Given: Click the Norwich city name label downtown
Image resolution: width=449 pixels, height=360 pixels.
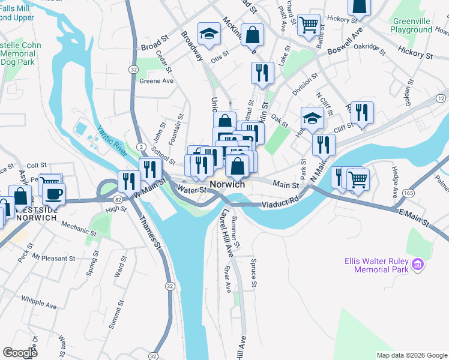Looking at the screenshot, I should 227,185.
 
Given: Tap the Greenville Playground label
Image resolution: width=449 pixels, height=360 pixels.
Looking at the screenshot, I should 411,25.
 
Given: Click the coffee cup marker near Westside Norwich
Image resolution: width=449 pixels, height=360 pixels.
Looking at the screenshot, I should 54,194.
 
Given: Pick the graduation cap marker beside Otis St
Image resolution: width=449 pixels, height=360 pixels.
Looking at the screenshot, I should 209,34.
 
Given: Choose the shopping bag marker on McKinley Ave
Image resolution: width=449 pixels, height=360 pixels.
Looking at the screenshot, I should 253,34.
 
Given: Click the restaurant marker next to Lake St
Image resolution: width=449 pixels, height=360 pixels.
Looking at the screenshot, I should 262,73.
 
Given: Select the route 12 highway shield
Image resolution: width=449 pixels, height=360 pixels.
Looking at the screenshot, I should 442,98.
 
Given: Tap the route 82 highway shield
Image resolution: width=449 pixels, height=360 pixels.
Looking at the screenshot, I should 117,199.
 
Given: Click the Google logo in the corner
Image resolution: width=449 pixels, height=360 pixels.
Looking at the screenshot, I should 20,353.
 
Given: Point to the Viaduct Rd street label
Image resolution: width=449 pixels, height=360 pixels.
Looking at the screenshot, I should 279,204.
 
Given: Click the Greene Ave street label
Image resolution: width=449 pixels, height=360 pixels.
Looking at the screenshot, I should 156,81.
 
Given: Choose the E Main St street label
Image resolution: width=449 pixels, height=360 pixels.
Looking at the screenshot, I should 415,217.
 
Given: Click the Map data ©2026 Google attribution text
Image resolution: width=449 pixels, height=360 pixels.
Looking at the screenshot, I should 411,355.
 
